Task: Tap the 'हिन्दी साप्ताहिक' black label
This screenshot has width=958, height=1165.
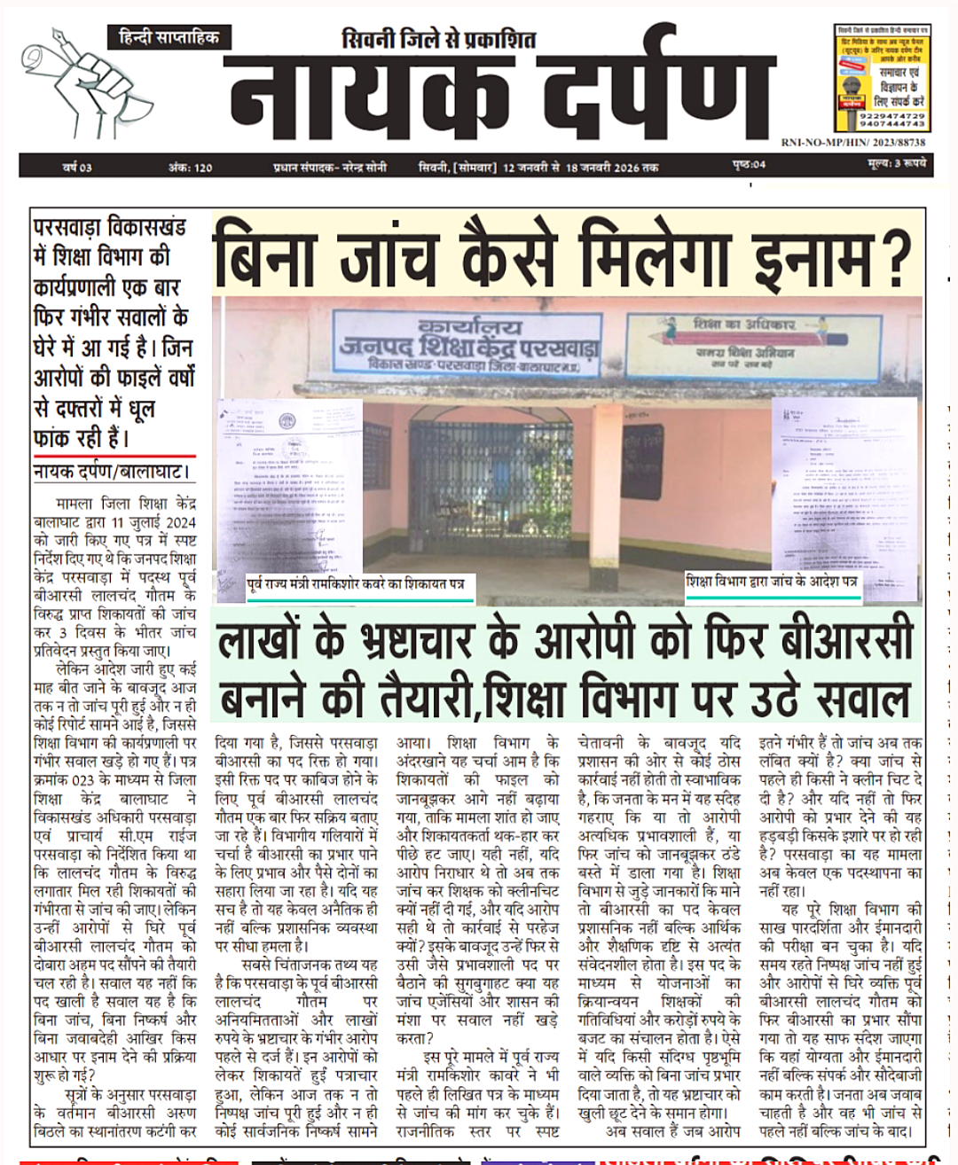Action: click(169, 37)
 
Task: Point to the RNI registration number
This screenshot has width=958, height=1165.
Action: click(852, 142)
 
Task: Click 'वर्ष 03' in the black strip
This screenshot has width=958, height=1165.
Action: click(77, 167)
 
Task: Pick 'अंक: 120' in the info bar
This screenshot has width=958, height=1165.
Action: click(190, 167)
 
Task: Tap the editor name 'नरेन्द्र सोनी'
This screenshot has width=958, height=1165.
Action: click(365, 167)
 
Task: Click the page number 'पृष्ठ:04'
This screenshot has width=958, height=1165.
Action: click(750, 166)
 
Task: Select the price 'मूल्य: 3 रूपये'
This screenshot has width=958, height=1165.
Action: click(896, 165)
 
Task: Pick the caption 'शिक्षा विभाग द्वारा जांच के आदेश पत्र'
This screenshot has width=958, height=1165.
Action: click(772, 582)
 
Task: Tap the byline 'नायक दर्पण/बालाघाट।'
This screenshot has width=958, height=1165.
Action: click(112, 472)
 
